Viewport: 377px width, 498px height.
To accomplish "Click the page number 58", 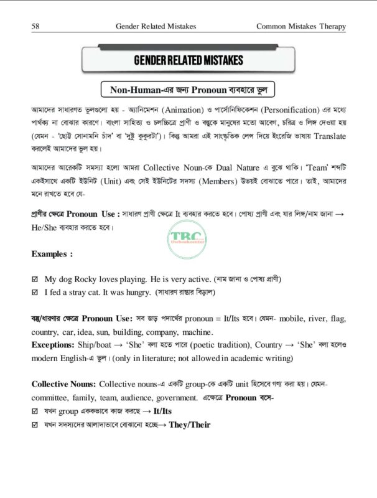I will coord(35,26).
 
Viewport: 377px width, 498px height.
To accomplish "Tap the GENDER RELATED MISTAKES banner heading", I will coord(188,60).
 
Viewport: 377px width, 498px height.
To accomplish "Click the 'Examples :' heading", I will coord(52,254).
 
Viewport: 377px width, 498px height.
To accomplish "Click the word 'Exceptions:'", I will coord(54,344).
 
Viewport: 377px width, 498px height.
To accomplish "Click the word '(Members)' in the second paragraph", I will coord(235,184).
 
